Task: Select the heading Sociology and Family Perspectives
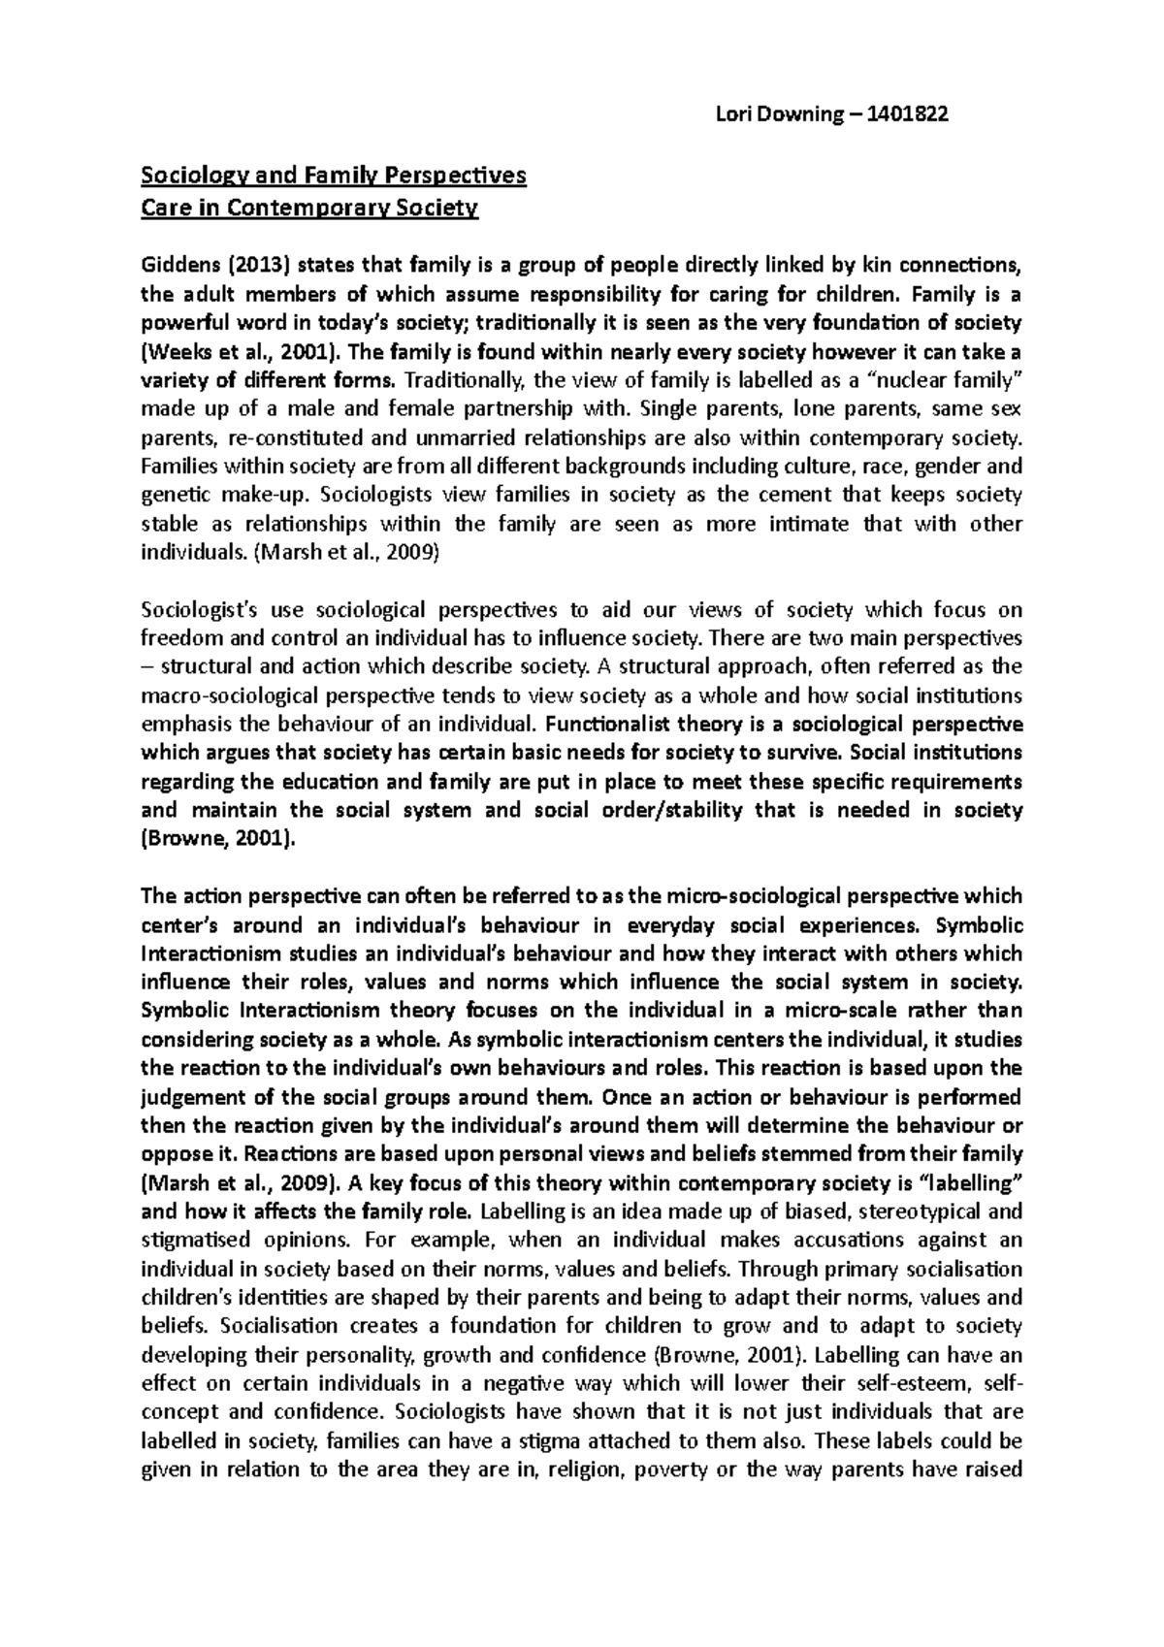(334, 176)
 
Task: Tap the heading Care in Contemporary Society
(309, 208)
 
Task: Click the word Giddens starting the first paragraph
(176, 264)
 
